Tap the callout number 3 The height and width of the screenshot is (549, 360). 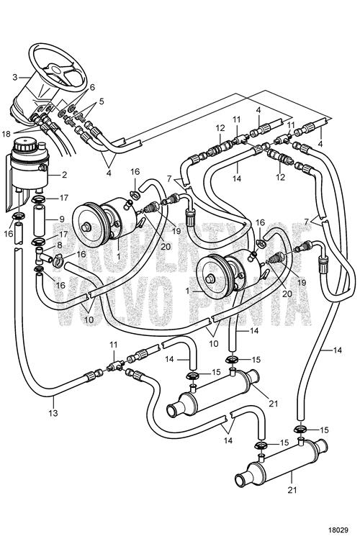(14, 77)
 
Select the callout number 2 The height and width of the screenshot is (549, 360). (64, 174)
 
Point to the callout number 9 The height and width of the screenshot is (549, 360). (61, 219)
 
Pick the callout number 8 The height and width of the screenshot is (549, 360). (59, 246)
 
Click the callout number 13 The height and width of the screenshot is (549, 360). (53, 413)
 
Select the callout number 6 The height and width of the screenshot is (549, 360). (92, 88)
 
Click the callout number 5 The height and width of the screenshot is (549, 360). (102, 101)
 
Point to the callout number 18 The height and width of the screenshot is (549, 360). (6, 133)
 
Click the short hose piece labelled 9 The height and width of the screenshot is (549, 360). (40, 222)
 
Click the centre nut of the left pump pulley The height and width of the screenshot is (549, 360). (85, 227)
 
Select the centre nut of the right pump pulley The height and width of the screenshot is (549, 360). (210, 279)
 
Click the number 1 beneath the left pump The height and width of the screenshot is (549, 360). (118, 256)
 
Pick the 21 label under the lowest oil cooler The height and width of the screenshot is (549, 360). (292, 490)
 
